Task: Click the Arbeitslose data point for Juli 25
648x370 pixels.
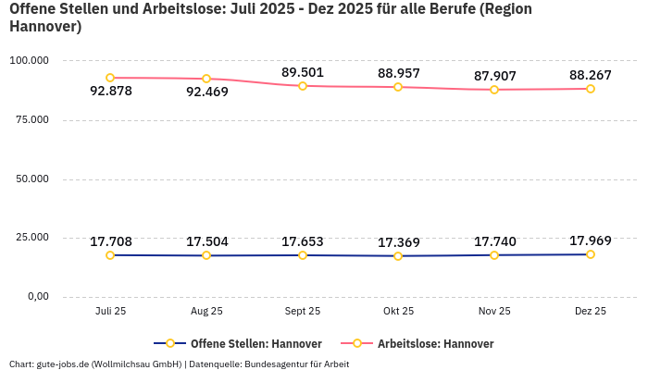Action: (110, 78)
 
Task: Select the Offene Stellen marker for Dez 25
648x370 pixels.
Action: (590, 254)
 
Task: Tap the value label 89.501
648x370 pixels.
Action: (303, 72)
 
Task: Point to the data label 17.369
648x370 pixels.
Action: (399, 242)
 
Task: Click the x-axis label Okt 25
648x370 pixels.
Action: (399, 312)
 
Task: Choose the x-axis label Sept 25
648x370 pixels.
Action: (303, 312)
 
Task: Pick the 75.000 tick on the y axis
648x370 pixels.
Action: (29, 119)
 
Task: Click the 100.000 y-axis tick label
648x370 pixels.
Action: (28, 60)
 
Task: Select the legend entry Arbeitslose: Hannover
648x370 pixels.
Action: (435, 344)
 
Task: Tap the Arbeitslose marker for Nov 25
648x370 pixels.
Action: (494, 90)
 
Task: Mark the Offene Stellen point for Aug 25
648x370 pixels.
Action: (206, 255)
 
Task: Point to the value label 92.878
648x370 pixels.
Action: (111, 91)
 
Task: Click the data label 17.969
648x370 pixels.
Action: (590, 240)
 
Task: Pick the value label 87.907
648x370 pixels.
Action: (494, 76)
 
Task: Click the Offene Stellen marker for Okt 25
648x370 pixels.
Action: (398, 256)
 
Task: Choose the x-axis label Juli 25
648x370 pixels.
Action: (110, 312)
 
